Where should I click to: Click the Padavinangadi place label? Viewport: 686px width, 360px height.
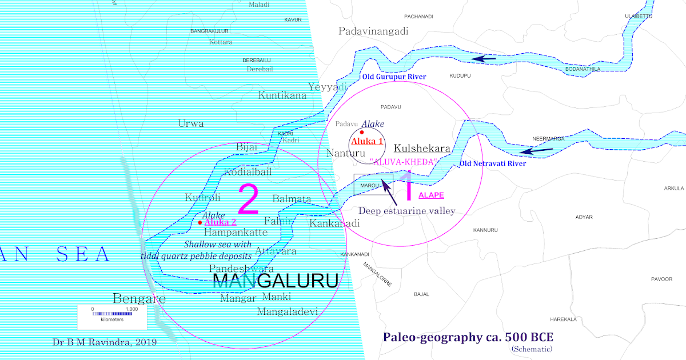(x=373, y=31)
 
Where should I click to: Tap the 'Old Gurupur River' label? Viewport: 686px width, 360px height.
(x=394, y=77)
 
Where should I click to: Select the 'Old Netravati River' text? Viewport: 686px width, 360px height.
(x=493, y=164)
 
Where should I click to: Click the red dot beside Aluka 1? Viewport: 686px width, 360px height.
(x=362, y=132)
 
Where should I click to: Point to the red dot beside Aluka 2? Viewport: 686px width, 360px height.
(x=200, y=222)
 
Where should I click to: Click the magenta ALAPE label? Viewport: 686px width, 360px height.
(x=431, y=195)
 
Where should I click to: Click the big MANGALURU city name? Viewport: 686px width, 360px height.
(x=275, y=281)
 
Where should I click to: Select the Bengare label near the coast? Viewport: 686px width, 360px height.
(x=139, y=298)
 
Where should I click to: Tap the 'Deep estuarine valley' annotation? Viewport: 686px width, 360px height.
(x=406, y=211)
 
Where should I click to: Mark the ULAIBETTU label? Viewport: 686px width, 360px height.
(x=638, y=16)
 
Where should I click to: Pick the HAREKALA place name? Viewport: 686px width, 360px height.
(x=563, y=319)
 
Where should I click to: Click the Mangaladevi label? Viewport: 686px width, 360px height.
(x=288, y=312)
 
